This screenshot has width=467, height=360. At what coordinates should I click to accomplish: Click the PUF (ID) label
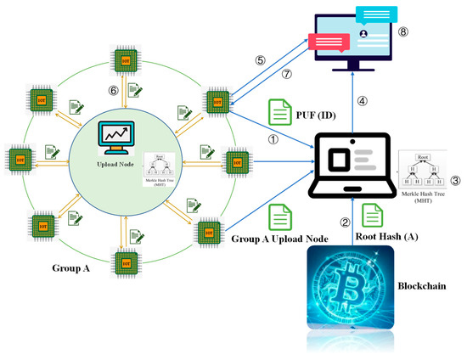tap(318, 112)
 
